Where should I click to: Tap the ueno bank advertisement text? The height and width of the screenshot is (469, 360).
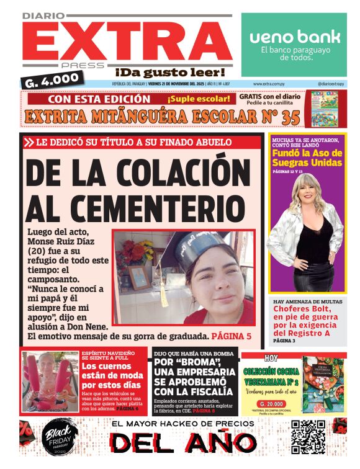click(295, 37)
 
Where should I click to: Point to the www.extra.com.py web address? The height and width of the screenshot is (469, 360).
click(269, 83)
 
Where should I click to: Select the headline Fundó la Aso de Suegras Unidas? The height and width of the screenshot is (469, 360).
click(307, 158)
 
